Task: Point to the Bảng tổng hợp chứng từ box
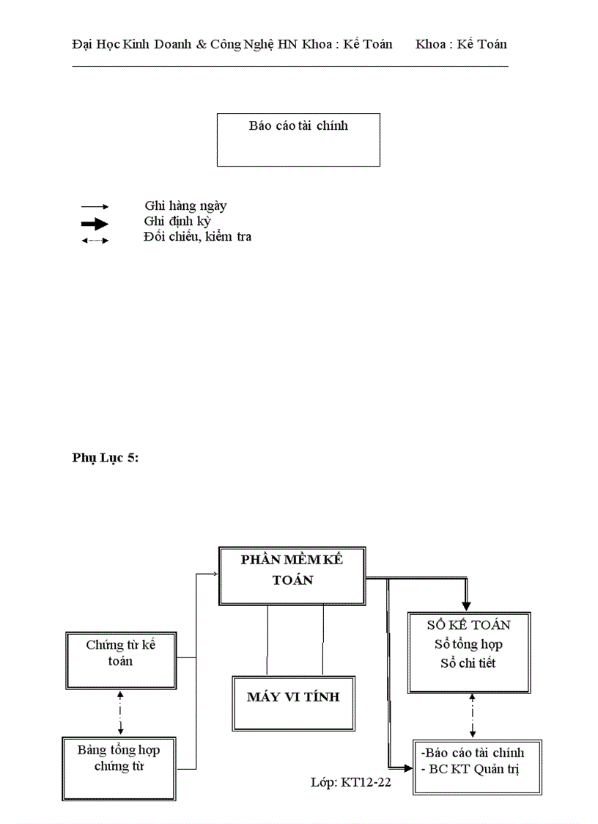[119, 758]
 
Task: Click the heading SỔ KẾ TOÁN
[469, 625]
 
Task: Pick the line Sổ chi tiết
[468, 663]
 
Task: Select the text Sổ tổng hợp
[468, 644]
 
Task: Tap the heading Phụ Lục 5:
[105, 458]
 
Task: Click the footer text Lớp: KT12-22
[351, 783]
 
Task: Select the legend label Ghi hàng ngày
[185, 206]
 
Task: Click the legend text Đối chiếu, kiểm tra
[197, 237]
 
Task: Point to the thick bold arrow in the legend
[95, 224]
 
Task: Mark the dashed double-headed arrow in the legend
[95, 240]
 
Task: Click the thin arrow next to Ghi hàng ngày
[95, 208]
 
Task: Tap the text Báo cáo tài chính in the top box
[298, 125]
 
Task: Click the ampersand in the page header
[202, 44]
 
